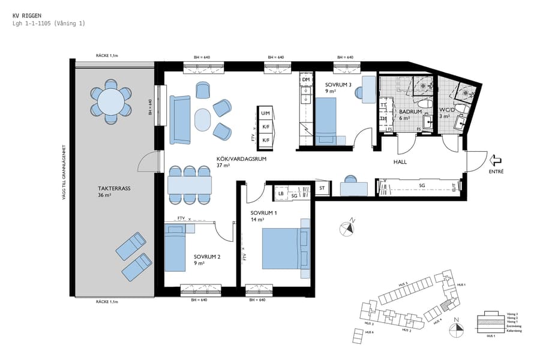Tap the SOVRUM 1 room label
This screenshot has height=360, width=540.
(x=265, y=213)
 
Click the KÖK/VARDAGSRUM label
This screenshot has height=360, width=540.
(x=241, y=160)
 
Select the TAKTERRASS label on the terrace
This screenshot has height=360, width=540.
(x=114, y=188)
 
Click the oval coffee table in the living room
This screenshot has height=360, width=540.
(x=203, y=119)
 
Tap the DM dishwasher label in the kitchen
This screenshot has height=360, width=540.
(x=305, y=80)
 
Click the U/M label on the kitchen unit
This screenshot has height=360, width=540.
(x=265, y=113)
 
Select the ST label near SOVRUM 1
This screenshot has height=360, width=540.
(x=322, y=188)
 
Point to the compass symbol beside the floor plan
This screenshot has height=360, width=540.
(x=347, y=228)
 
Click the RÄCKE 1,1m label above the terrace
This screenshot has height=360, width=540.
(x=107, y=55)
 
